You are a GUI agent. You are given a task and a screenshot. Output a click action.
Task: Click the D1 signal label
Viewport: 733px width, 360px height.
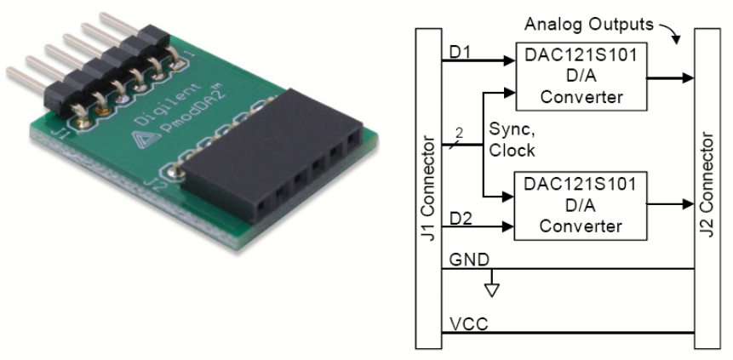coord(459,53)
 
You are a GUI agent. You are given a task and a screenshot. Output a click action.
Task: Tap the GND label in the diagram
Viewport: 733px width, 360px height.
coord(469,260)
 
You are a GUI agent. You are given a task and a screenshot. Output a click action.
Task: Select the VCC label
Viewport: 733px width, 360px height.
coord(468,324)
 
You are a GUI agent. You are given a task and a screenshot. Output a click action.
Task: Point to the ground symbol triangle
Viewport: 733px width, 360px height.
coord(491,291)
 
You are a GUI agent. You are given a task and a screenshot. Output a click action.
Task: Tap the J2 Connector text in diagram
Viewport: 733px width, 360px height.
coord(707,186)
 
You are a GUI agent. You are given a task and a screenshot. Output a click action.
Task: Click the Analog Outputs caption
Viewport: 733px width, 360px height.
coord(588,24)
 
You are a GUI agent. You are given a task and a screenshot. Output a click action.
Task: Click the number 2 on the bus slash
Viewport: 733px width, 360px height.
coord(459,134)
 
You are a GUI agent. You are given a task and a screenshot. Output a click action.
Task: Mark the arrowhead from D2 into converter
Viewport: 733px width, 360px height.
coord(508,227)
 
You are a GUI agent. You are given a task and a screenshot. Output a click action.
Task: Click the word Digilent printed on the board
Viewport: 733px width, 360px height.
coord(168,105)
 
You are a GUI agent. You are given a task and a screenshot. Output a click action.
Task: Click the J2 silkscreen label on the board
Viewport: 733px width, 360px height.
coord(157,186)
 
